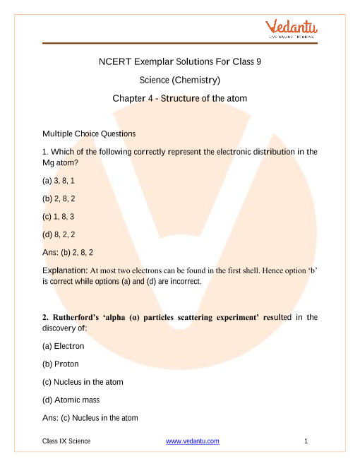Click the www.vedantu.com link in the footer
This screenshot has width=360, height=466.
coord(193,441)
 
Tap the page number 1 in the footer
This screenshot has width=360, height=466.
coord(306,441)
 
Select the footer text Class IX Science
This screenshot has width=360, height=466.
coord(66,441)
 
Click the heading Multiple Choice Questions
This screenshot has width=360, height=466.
coord(89,133)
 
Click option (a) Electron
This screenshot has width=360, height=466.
coord(64,346)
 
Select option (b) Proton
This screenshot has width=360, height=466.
coord(61,364)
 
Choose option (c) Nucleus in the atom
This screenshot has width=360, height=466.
coord(83,382)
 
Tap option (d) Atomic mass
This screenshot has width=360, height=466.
coord(73,400)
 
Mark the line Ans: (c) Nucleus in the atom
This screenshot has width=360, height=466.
coord(90,418)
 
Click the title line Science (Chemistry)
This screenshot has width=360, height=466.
coord(180,80)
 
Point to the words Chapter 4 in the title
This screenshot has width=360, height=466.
coord(132,98)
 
